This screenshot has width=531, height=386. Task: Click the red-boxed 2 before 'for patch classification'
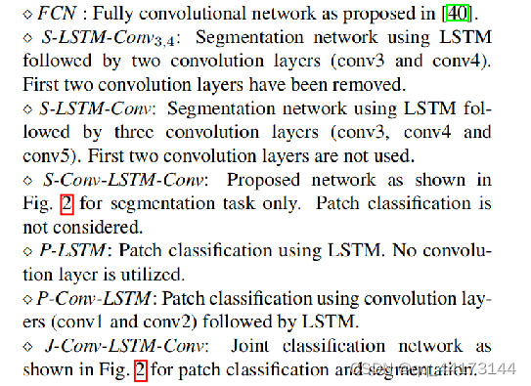point(139,369)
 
